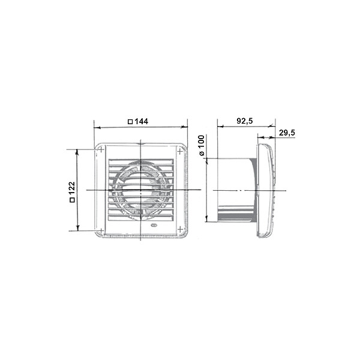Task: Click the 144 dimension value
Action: tap(141, 121)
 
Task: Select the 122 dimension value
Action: tap(72, 188)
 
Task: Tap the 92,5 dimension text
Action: tap(245, 121)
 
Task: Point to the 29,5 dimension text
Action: tap(287, 133)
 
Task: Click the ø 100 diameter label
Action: tap(201, 146)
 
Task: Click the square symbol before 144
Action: tap(130, 121)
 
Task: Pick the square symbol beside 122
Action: tap(72, 200)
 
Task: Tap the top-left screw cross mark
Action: tap(101, 149)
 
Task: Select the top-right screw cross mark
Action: tap(180, 151)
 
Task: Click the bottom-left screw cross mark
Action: tap(101, 230)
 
